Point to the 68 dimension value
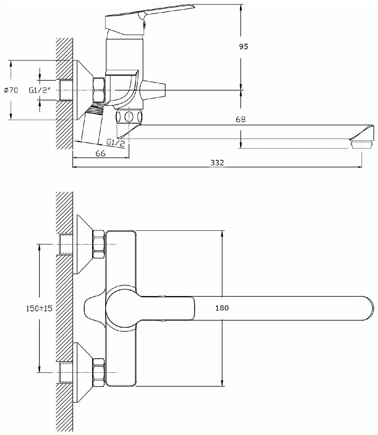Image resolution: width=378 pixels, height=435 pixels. tap(241, 119)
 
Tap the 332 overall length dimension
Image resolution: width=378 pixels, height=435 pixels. tap(217, 163)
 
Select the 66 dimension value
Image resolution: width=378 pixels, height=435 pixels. tap(101, 153)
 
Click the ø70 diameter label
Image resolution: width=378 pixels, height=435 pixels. tap(11, 90)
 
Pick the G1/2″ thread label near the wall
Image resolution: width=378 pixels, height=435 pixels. tap(40, 90)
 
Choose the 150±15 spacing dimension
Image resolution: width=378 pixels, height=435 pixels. tap(39, 308)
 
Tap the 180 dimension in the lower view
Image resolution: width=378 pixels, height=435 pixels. tap(222, 308)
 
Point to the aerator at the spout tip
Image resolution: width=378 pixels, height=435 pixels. tap(361, 144)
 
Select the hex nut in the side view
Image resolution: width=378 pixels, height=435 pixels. tap(99, 90)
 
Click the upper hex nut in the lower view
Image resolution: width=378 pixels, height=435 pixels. tap(99, 244)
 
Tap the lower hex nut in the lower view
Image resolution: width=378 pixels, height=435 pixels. tap(99, 372)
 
